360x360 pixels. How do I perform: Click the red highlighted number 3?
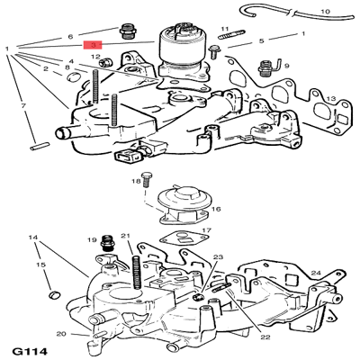tap(93, 45)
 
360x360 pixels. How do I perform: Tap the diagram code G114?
tap(30, 351)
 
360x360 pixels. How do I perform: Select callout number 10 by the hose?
tap(325, 12)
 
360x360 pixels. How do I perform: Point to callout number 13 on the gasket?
tap(331, 98)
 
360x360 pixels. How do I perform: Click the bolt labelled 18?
tap(147, 179)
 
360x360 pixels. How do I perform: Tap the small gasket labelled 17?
tap(184, 239)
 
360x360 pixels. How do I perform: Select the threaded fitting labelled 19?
tap(107, 242)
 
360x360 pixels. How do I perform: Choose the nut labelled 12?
tap(105, 62)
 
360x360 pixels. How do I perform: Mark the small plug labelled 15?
tap(54, 294)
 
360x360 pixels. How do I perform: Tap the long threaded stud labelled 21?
tap(137, 273)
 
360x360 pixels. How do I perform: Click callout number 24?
tap(316, 273)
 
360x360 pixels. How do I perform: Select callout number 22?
tap(265, 337)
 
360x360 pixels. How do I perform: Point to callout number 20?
tap(61, 334)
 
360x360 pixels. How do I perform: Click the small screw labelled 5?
tap(214, 51)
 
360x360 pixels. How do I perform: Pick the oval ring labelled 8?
tap(73, 77)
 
